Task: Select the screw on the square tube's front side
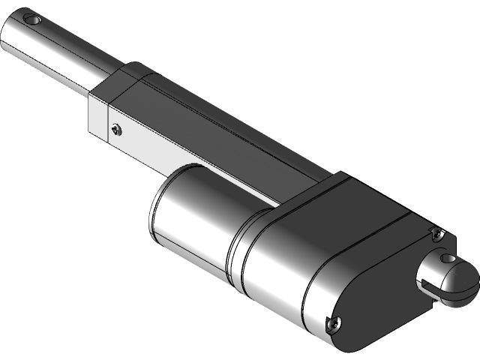(x=115, y=128)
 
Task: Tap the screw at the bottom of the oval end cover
(x=333, y=323)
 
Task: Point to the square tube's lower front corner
(x=90, y=135)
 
